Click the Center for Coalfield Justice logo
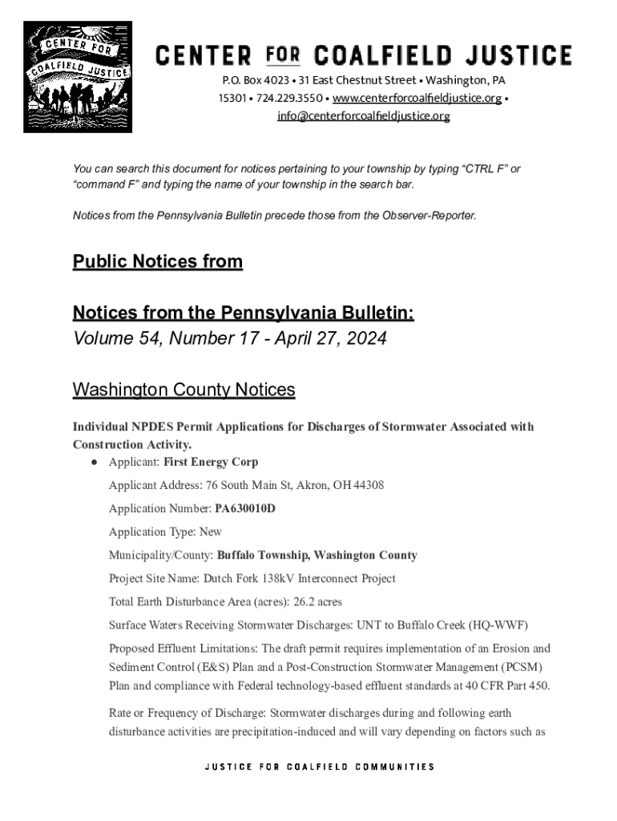tap(78, 77)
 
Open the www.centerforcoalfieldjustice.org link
tap(417, 99)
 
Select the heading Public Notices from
tap(157, 262)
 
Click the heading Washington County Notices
tap(183, 390)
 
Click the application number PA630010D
tap(245, 508)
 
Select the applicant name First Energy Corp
tap(211, 463)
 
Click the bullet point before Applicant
tap(94, 463)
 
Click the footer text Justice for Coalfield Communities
tap(320, 766)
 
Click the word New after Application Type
tap(211, 532)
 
